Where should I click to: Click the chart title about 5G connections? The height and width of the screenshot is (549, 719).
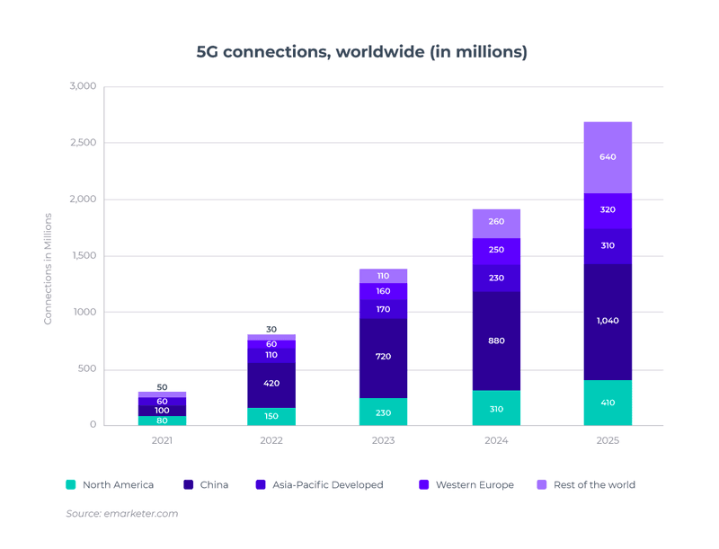point(361,51)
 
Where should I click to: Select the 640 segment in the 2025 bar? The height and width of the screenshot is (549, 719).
point(608,157)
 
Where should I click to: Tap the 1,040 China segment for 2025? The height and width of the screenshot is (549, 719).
point(608,321)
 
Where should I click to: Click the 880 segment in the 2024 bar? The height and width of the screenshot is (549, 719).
point(496,341)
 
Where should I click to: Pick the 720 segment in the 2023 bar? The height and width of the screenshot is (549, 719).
point(383,357)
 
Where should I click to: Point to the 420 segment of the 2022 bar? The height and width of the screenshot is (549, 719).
point(271,384)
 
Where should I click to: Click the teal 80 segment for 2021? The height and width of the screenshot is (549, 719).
point(162,420)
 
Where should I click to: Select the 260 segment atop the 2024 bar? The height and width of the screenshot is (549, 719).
point(496,222)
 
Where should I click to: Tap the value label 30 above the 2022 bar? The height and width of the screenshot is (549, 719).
point(271,330)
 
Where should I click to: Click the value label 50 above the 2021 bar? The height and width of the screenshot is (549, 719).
point(162,387)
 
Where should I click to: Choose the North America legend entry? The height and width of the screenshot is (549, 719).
point(110,484)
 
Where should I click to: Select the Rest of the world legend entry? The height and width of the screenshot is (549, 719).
point(586,484)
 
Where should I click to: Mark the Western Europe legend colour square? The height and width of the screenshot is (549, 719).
point(424,484)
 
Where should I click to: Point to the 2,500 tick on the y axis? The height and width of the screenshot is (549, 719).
point(83,143)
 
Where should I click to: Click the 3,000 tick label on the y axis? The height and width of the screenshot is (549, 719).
point(83,86)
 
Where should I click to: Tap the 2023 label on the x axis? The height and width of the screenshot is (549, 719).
point(383,440)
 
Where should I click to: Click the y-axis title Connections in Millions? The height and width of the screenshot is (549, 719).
point(49,268)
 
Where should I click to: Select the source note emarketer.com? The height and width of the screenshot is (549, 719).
point(122,513)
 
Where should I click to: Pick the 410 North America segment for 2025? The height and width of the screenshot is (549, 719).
point(608,403)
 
